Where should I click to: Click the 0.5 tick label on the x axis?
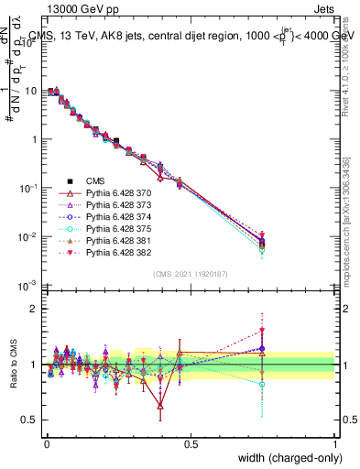click(191, 442)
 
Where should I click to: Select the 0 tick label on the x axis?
click(47, 442)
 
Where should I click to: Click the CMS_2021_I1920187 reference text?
click(191, 274)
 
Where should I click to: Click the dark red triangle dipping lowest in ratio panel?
click(160, 406)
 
